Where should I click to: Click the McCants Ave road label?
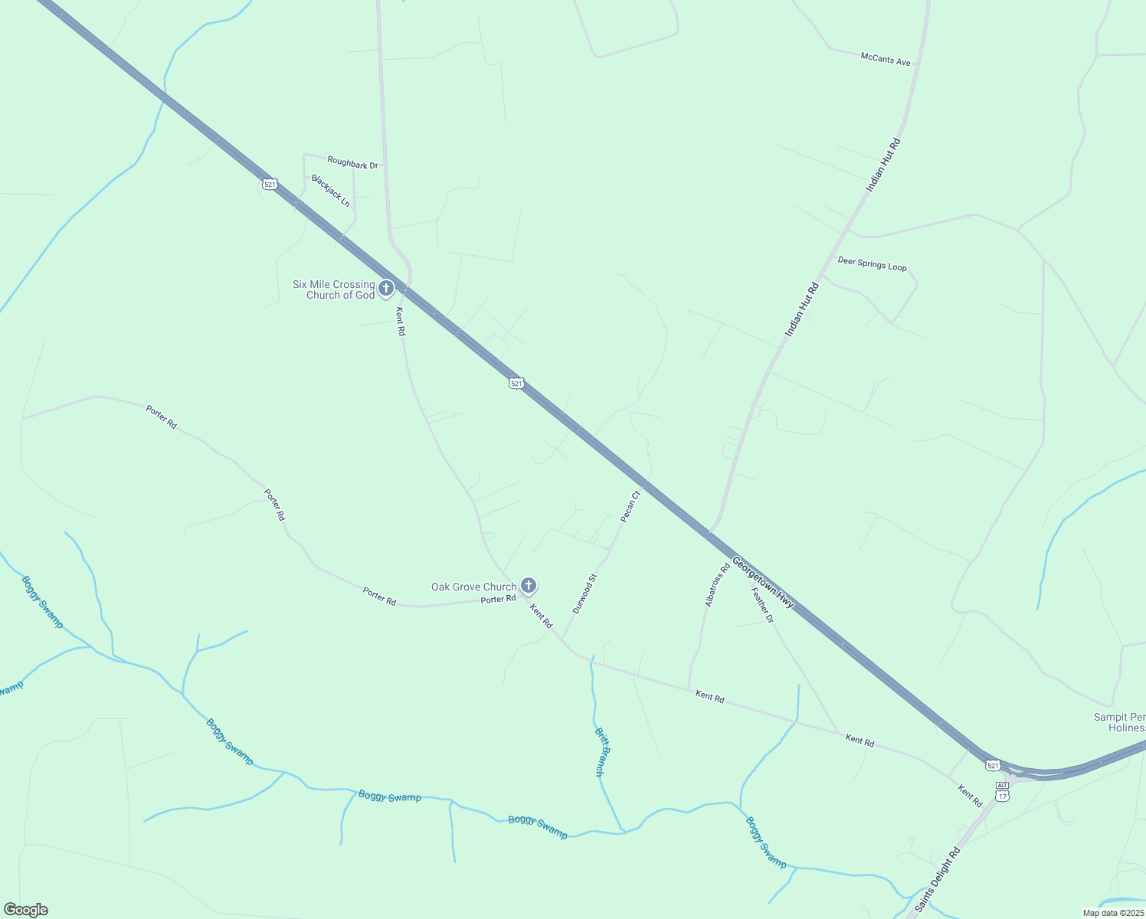point(886,59)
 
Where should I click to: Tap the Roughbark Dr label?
point(352,164)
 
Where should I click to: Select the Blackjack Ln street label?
point(331,191)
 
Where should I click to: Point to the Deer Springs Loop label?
point(872,264)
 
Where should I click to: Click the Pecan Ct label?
point(630,507)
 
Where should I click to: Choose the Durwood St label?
point(584,594)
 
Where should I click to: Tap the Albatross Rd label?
point(718,585)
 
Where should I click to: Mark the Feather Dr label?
point(762,605)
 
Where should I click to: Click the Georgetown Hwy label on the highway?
point(763,583)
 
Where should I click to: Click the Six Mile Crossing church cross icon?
point(386,289)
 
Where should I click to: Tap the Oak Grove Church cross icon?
point(528,586)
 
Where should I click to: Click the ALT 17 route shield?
point(1002,792)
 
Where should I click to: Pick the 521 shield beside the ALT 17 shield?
point(993,765)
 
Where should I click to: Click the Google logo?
point(26,910)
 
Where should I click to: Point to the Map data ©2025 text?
point(1112,913)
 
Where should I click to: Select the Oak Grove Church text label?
point(473,587)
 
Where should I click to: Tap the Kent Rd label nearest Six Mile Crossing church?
point(400,322)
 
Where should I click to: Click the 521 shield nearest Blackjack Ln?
point(269,184)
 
